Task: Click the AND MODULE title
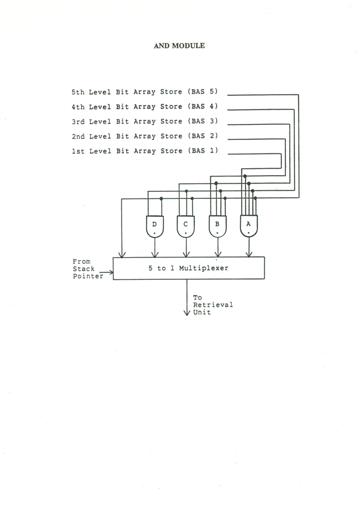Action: point(179,46)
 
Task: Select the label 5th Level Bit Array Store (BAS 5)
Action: point(144,92)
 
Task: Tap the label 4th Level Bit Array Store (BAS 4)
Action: point(144,107)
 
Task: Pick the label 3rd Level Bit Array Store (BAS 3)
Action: point(144,121)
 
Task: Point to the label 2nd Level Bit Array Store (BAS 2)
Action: point(144,136)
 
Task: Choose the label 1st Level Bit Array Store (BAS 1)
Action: point(144,151)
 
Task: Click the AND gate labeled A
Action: point(249,226)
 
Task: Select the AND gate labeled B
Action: point(217,226)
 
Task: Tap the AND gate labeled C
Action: point(186,226)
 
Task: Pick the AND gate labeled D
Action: point(155,226)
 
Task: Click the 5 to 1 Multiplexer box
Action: point(189,268)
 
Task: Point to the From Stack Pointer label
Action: point(87,268)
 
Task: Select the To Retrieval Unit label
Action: point(213,304)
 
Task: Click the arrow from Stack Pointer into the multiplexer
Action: point(107,272)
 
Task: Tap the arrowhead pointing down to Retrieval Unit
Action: point(187,313)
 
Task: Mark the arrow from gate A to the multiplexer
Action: point(249,248)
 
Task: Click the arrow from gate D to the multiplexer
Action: point(155,248)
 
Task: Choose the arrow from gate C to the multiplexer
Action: point(186,248)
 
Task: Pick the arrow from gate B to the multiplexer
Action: point(217,248)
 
